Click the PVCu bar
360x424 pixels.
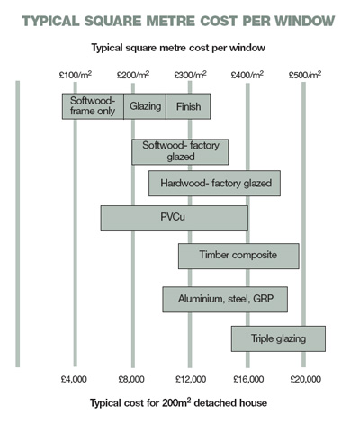[175, 218]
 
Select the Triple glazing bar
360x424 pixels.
[278, 338]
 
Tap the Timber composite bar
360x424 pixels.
[238, 256]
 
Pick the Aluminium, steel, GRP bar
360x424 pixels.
[225, 300]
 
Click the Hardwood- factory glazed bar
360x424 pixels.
[215, 184]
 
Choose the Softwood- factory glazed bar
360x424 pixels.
[180, 152]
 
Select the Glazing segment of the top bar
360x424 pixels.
[145, 106]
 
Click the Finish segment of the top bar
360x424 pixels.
[188, 106]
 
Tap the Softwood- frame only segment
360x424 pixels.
[93, 106]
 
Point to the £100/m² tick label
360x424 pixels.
[76, 75]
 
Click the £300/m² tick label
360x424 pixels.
[190, 75]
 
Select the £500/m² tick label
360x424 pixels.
[305, 75]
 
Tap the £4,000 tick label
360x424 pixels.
[74, 379]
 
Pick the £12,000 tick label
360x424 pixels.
[191, 379]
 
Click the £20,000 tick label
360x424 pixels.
[306, 379]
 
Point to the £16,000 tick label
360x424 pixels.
[248, 379]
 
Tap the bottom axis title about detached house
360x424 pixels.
[179, 402]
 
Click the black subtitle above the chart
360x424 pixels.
[178, 48]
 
